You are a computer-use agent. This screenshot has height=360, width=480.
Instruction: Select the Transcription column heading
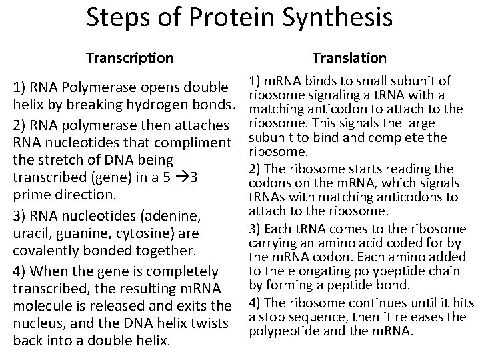[x=129, y=59]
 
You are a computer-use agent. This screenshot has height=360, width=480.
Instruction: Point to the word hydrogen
[x=157, y=104]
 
